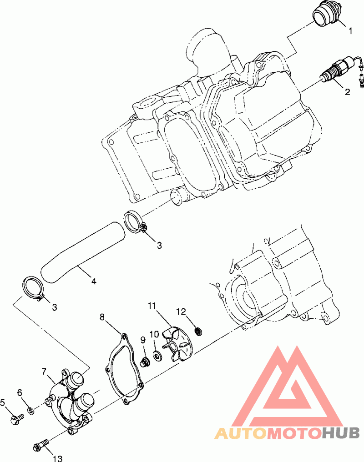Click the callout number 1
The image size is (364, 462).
(350, 30)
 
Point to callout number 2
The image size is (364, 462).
(348, 92)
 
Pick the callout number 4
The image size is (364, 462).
(94, 281)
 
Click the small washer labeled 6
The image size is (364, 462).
(30, 410)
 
